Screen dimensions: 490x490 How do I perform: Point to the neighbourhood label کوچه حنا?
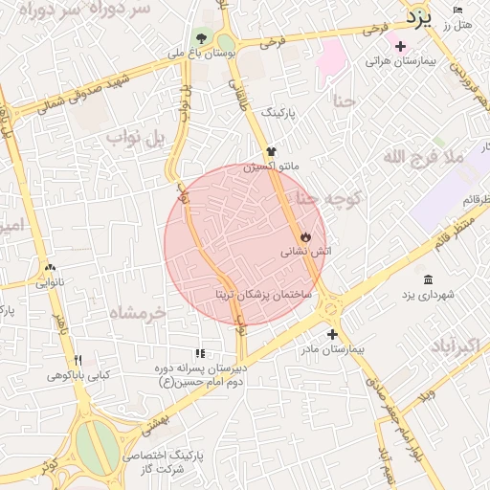pyautogui.click(x=328, y=198)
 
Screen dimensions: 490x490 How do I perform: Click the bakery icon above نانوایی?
pyautogui.click(x=50, y=268)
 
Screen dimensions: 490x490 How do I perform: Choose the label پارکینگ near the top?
pyautogui.click(x=279, y=112)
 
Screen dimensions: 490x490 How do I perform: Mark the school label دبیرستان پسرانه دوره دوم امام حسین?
pyautogui.click(x=202, y=373)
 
